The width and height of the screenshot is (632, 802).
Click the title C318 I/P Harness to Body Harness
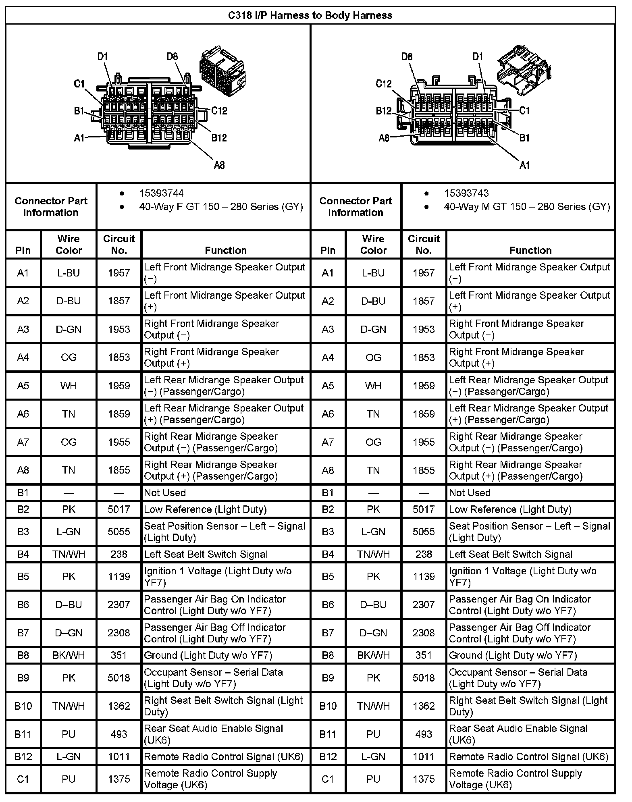click(310, 15)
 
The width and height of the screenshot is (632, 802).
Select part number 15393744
click(161, 193)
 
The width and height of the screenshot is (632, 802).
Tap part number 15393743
click(466, 193)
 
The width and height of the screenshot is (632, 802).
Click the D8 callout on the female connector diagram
click(172, 56)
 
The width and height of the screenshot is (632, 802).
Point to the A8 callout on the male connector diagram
click(384, 138)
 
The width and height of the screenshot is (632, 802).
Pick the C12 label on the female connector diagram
click(219, 111)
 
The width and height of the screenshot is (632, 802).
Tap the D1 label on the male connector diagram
click(478, 56)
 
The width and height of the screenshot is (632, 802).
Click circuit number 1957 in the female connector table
click(119, 273)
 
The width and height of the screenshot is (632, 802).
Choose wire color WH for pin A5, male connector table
click(373, 386)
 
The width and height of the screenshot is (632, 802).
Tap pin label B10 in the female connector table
click(23, 706)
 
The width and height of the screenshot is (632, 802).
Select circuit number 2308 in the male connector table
click(424, 633)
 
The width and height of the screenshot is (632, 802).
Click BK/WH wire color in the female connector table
click(69, 655)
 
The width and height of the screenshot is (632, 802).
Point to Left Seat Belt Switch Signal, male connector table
click(510, 555)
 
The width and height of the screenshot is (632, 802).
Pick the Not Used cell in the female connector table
click(165, 492)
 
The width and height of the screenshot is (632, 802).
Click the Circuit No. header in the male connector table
click(424, 244)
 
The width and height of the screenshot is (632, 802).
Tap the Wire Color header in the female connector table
click(69, 244)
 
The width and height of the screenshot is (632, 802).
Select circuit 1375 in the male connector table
click(424, 779)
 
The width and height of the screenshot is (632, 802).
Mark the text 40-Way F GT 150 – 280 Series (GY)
click(221, 207)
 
